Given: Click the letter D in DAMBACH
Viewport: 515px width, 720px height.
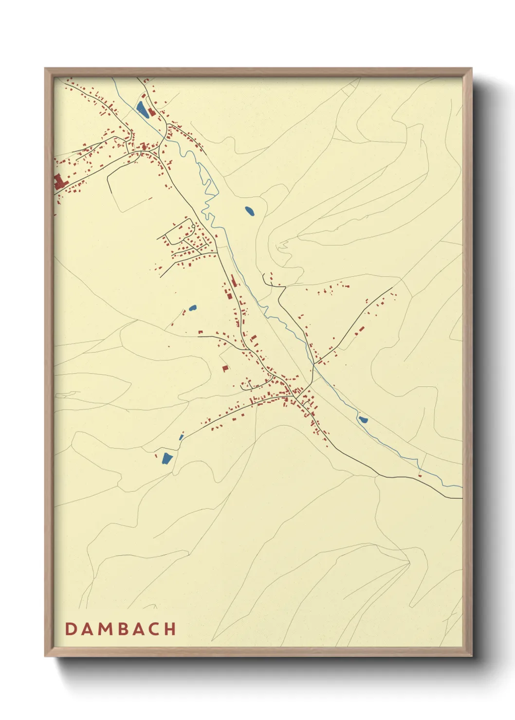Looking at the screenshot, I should (70, 629).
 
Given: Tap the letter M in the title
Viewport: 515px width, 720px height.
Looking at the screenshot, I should (104, 629).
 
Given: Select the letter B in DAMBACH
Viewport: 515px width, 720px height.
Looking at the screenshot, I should (122, 629).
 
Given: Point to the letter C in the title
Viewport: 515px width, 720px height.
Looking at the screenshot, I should (154, 629).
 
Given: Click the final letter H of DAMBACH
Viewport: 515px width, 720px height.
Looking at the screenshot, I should (170, 629).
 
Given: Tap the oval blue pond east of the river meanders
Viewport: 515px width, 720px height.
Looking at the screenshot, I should (249, 211).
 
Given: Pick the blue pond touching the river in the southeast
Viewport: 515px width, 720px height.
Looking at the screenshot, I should (363, 419).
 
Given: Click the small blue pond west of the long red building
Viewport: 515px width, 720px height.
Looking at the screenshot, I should (192, 308).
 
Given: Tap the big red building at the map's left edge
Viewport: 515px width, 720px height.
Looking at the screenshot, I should (59, 182).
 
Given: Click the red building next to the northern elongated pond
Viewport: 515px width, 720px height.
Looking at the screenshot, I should (151, 112).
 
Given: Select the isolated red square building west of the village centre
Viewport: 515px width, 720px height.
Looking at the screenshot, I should (225, 368).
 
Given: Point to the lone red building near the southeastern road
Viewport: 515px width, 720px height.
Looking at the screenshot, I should (420, 475).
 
